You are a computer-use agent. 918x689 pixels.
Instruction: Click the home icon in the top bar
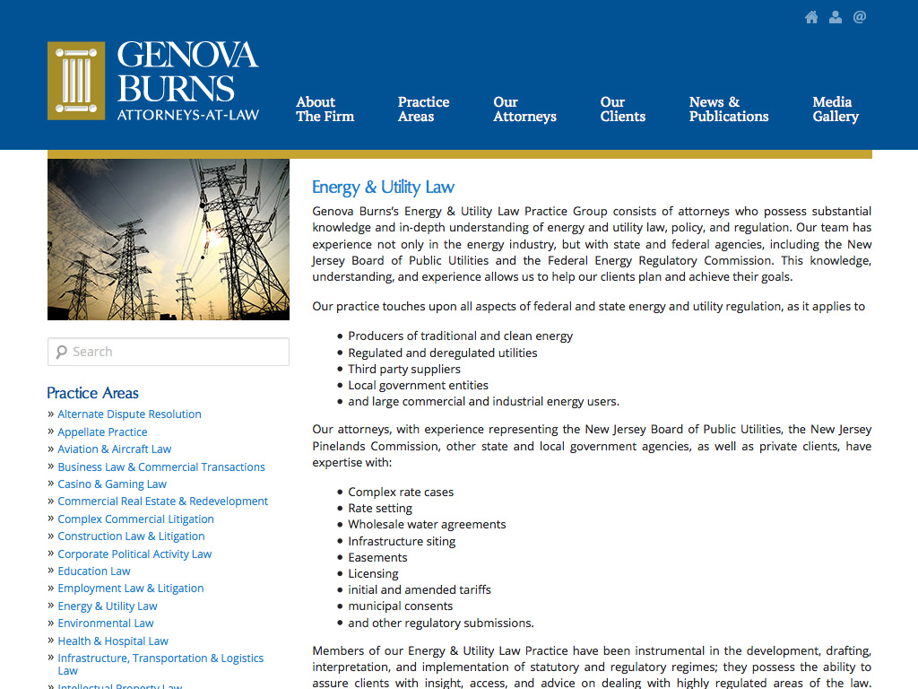(811, 17)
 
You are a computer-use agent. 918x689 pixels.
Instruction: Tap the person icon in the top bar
(836, 17)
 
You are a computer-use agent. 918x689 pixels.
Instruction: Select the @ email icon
(860, 17)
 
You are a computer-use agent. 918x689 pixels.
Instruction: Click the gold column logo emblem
(76, 81)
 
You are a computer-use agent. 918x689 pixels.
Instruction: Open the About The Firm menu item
(325, 109)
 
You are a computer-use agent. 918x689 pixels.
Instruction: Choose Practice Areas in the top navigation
(423, 109)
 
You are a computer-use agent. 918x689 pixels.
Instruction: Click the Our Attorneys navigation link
(524, 109)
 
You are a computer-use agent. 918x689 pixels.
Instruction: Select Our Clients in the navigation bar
(622, 109)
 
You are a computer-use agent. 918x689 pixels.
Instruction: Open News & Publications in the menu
(728, 109)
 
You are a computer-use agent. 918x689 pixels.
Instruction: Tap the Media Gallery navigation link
(835, 109)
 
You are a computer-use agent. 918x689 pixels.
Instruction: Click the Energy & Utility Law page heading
(383, 188)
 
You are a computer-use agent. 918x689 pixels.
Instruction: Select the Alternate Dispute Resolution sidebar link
(129, 414)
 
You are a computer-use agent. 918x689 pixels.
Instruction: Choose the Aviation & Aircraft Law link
(114, 449)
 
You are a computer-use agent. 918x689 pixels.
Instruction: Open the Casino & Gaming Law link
(112, 484)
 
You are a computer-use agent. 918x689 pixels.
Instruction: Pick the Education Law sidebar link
(94, 571)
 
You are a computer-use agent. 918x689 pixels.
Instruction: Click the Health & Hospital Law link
(113, 641)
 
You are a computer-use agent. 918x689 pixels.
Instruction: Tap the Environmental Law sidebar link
(106, 624)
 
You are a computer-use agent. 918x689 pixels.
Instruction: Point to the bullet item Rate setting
(380, 509)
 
